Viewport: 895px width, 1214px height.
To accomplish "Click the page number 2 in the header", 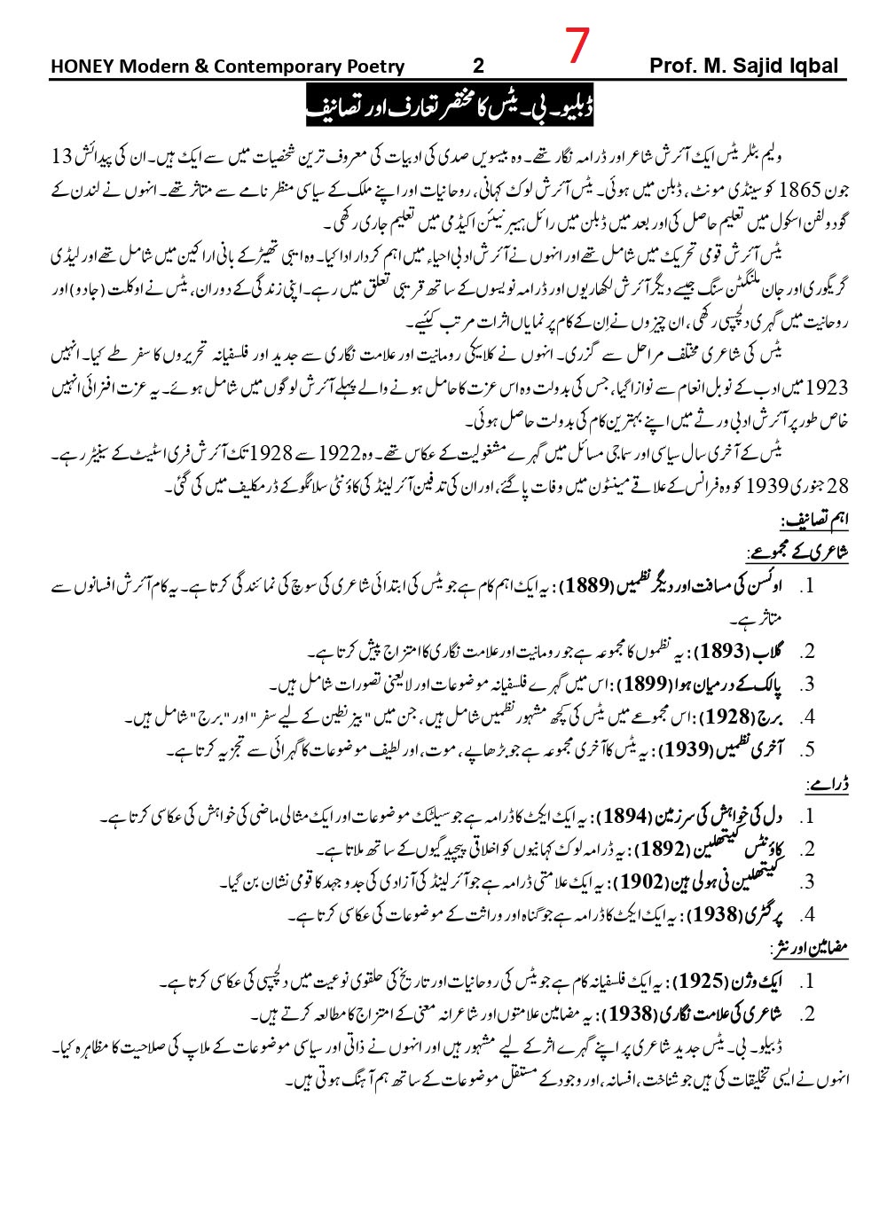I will click(479, 67).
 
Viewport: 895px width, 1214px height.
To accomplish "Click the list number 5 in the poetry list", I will click(806, 750).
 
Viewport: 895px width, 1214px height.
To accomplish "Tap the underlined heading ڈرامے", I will click(827, 784).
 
